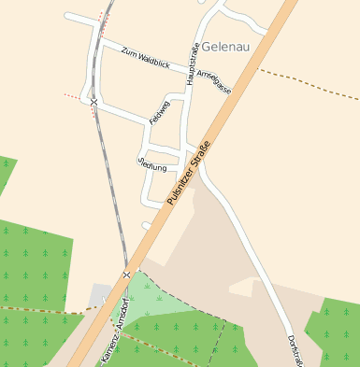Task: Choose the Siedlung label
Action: point(151,165)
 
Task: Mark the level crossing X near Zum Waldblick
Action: point(94,101)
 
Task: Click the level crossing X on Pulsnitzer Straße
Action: point(126,275)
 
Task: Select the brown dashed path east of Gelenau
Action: point(309,83)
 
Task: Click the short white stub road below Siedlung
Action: point(147,225)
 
